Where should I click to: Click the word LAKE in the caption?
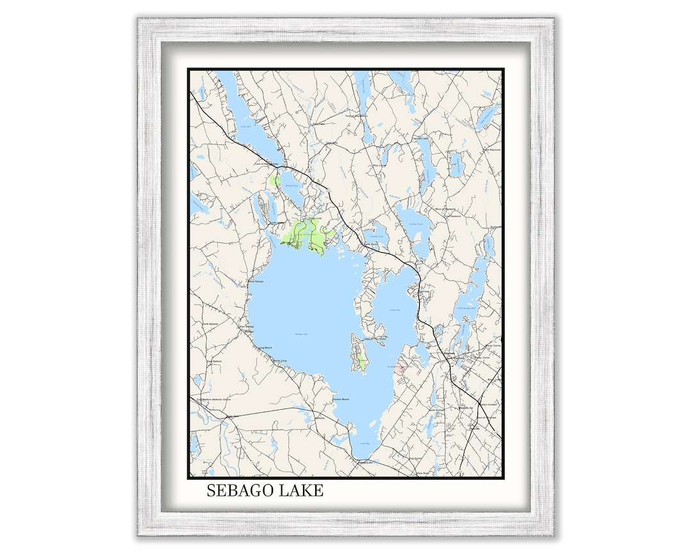coord(301,491)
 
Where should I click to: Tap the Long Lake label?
coord(245,126)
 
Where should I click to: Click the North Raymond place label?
coord(490,149)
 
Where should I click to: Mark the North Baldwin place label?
coord(210,324)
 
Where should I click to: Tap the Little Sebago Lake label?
coord(468,308)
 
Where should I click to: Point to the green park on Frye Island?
coord(362,363)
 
